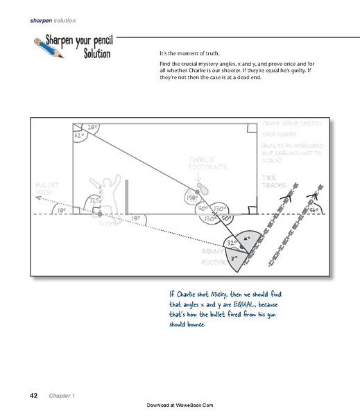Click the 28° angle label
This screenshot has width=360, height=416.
coord(92,127)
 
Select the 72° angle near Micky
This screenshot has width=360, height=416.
coord(94,200)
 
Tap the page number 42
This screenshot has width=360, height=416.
coord(33,395)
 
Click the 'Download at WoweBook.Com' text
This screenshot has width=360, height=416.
coord(180,404)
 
